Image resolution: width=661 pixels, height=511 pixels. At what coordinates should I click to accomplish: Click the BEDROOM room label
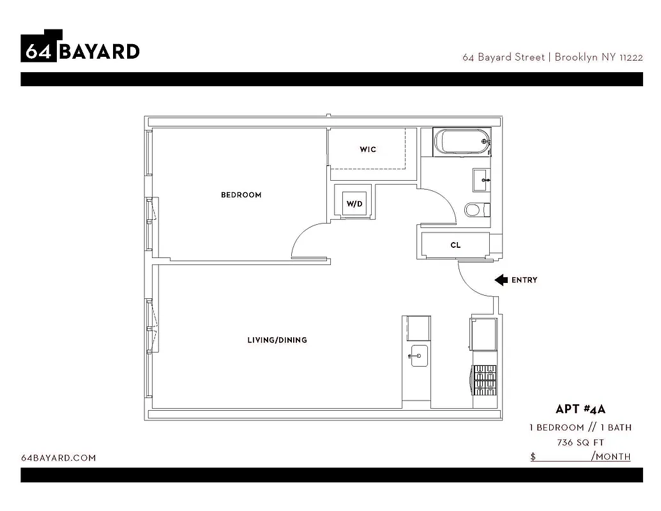[241, 195]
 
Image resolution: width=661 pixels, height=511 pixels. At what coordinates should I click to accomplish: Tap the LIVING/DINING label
[277, 340]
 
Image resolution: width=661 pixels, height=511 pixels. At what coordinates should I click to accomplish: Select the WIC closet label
[368, 149]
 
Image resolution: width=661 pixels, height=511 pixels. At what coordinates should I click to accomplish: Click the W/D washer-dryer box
[354, 204]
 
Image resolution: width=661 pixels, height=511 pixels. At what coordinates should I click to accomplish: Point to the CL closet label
[455, 245]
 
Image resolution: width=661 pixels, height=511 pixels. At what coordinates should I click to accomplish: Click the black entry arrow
[501, 280]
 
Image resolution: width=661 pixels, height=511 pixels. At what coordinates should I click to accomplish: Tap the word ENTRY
[524, 280]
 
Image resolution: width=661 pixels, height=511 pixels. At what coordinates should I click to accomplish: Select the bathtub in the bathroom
[461, 142]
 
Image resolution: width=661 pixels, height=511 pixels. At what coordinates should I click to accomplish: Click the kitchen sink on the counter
[419, 356]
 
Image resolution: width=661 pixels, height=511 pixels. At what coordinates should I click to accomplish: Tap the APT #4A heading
[580, 409]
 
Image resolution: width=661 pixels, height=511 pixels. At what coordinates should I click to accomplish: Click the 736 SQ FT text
[580, 442]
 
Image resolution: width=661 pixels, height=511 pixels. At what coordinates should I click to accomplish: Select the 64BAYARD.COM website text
[58, 458]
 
